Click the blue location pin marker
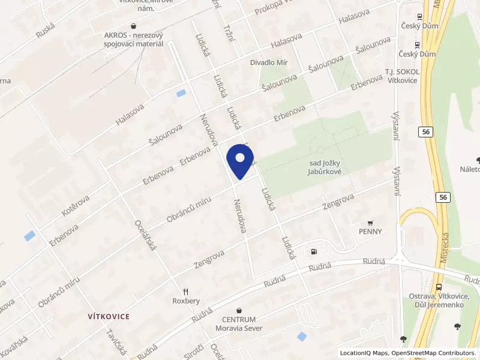pos(240,163)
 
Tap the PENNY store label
pos(370,231)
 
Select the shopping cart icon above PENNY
pos(370,222)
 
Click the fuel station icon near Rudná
pos(313,252)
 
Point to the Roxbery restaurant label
pos(185,301)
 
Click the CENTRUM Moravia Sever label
pos(239,323)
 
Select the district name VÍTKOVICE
pos(109,316)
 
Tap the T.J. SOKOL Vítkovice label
pos(402,76)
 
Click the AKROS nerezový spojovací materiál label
pos(133,40)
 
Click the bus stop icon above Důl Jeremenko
pos(440,287)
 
